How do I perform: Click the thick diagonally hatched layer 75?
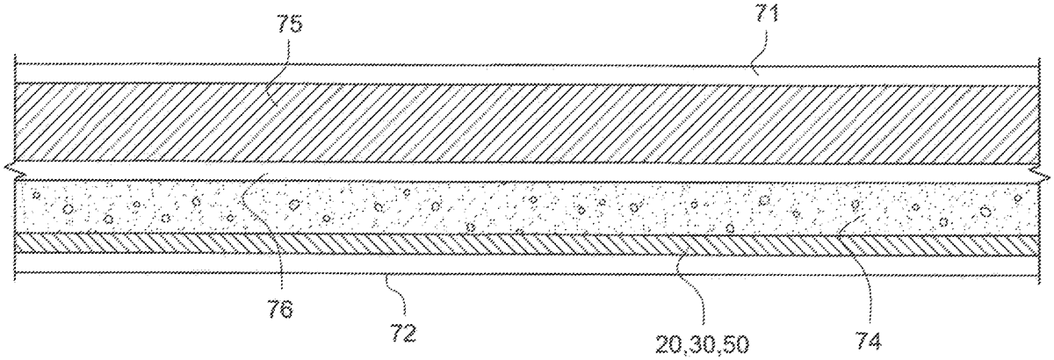click(x=527, y=123)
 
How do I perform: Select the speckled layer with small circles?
click(x=527, y=209)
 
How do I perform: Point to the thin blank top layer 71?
click(x=527, y=74)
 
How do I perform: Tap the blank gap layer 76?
click(x=527, y=175)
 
